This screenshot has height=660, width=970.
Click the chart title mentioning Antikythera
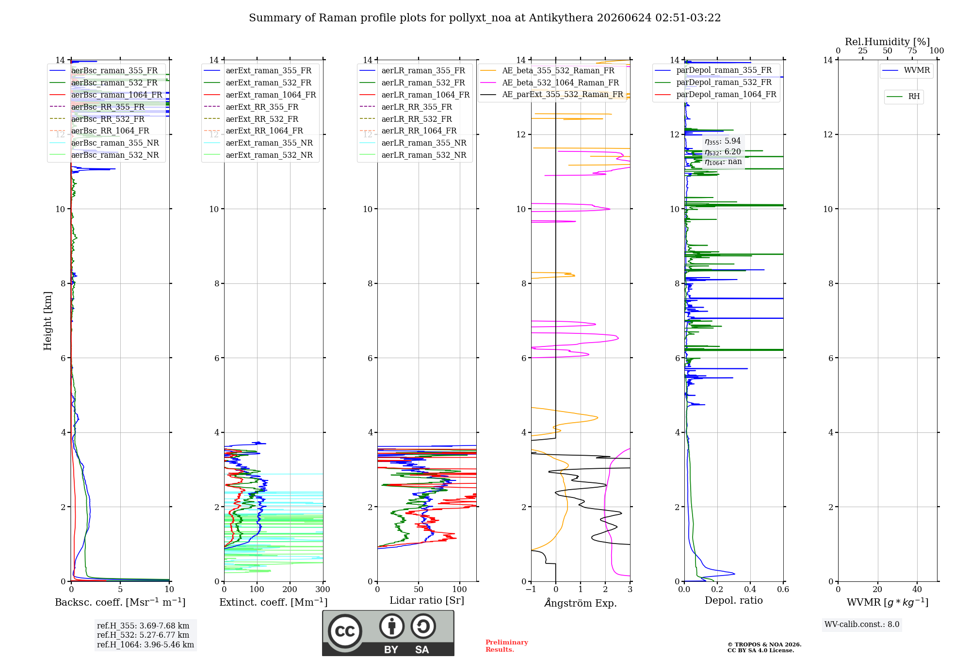[x=485, y=18]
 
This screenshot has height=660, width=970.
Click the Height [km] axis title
[x=48, y=320]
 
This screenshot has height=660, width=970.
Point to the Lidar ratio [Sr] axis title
[x=427, y=600]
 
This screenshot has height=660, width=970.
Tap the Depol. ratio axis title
[x=734, y=600]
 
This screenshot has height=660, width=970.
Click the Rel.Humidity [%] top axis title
[x=888, y=42]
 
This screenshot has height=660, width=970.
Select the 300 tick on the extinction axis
[x=323, y=589]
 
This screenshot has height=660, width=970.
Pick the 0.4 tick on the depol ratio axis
[x=750, y=589]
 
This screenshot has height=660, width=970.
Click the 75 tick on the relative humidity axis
[x=912, y=50]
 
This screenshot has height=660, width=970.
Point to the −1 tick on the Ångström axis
[x=531, y=589]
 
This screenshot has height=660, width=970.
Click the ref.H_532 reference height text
[x=143, y=635]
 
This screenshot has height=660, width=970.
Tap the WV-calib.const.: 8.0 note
[x=862, y=624]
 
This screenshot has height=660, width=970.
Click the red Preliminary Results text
[x=507, y=645]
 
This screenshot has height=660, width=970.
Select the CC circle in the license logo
[x=345, y=631]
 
